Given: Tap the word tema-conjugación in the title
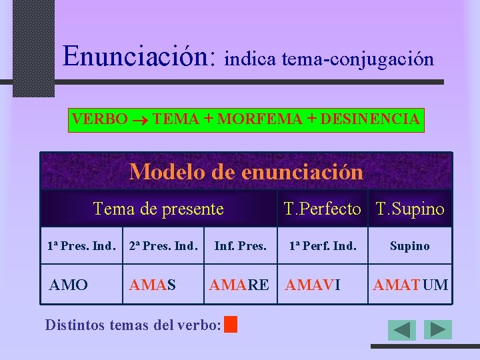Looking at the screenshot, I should pyautogui.click(x=357, y=59).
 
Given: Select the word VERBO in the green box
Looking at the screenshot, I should pyautogui.click(x=99, y=119).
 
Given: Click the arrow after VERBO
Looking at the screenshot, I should pyautogui.click(x=141, y=120).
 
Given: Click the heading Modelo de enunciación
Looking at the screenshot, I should pyautogui.click(x=246, y=172).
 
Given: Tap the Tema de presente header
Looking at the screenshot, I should pyautogui.click(x=159, y=209).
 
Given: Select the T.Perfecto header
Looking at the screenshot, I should pyautogui.click(x=323, y=209).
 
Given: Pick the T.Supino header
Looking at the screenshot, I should pyautogui.click(x=410, y=209).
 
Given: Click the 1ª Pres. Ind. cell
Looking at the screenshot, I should pyautogui.click(x=81, y=246).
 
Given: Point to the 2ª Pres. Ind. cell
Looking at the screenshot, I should pyautogui.click(x=163, y=246).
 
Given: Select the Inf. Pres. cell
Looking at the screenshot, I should pyautogui.click(x=240, y=246).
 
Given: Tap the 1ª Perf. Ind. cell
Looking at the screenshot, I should pyautogui.click(x=322, y=246).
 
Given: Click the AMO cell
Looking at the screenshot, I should pyautogui.click(x=69, y=285).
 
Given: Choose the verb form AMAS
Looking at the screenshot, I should pyautogui.click(x=153, y=285).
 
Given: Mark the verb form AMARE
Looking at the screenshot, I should pyautogui.click(x=239, y=285).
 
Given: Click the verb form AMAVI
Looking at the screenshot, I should pyautogui.click(x=313, y=285).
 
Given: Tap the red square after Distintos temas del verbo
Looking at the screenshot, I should pyautogui.click(x=231, y=325).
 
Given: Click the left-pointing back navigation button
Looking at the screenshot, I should pyautogui.click(x=402, y=330).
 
